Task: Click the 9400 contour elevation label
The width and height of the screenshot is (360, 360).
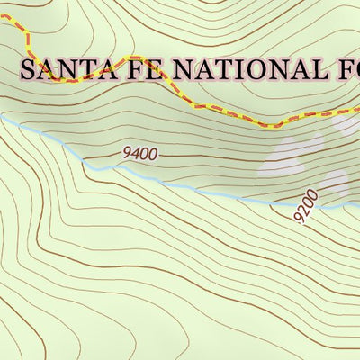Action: tap(140, 155)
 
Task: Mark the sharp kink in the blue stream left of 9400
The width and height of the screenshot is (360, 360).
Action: tap(83, 163)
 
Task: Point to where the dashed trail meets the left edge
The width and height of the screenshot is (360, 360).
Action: tap(1, 19)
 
